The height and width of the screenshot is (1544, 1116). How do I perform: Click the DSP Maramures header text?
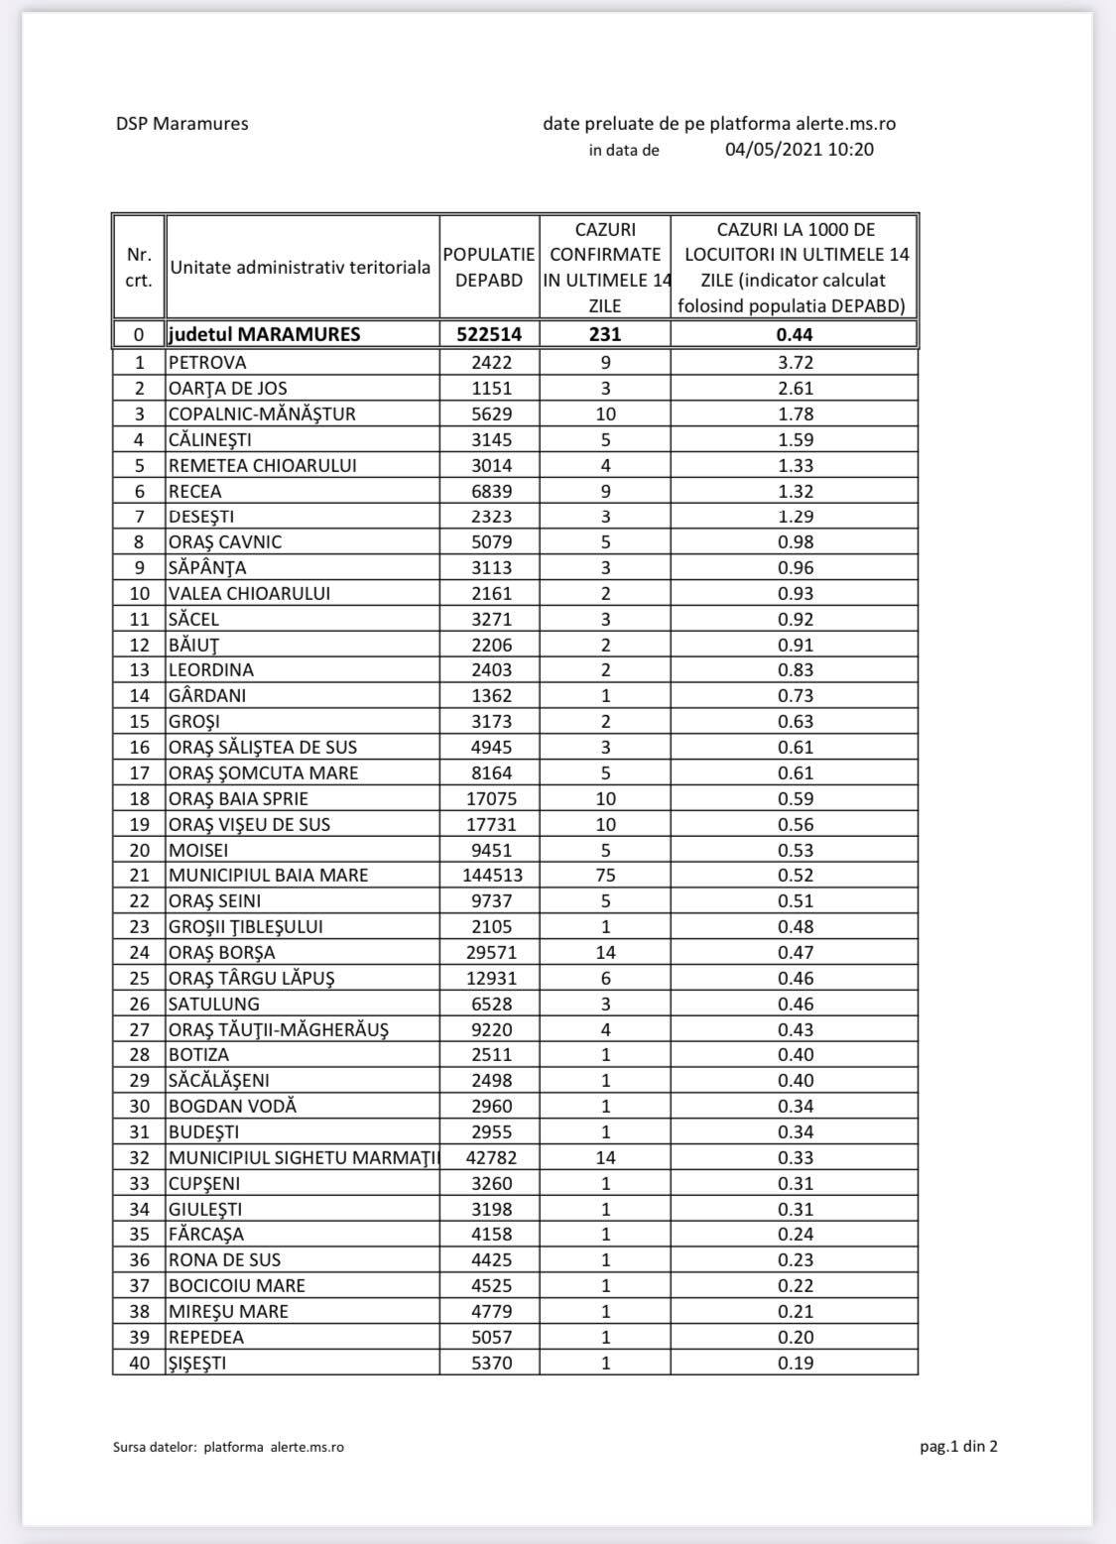[x=182, y=124]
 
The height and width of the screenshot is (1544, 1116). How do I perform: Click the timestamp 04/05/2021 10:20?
[x=800, y=150]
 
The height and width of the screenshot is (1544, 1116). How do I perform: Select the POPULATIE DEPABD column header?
[x=489, y=267]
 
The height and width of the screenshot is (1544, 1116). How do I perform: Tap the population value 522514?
[x=489, y=334]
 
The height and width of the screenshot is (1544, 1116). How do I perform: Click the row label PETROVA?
[x=207, y=362]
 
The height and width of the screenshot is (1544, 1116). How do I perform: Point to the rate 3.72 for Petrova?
[x=795, y=362]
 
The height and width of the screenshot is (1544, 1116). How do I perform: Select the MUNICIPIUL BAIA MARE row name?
[x=268, y=875]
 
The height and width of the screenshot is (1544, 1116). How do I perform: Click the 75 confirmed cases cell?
[x=605, y=875]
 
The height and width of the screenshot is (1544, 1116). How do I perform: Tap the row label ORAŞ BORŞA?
[x=222, y=952]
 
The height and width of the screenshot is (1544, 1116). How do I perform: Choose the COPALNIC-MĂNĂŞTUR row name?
[x=262, y=414]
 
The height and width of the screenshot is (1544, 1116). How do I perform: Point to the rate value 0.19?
[x=795, y=1363]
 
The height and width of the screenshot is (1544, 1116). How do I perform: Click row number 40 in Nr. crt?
[x=140, y=1363]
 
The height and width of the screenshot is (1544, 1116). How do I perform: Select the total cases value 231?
[x=605, y=334]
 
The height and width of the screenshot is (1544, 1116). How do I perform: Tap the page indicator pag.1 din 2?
[x=958, y=1446]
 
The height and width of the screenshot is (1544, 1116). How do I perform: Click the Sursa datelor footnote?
[x=228, y=1447]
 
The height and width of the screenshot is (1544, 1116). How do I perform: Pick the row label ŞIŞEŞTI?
[x=197, y=1363]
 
